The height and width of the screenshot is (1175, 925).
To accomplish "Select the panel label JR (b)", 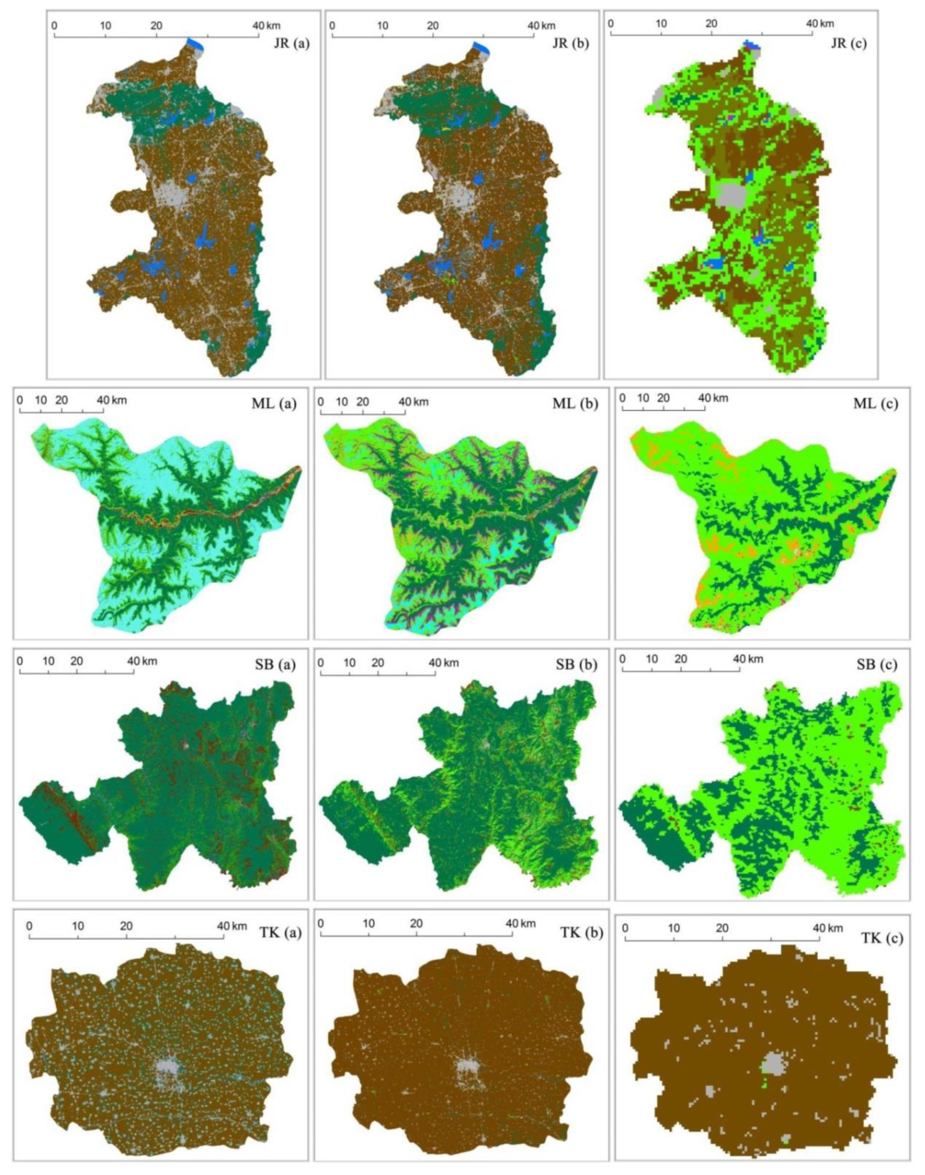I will pos(570,43).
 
